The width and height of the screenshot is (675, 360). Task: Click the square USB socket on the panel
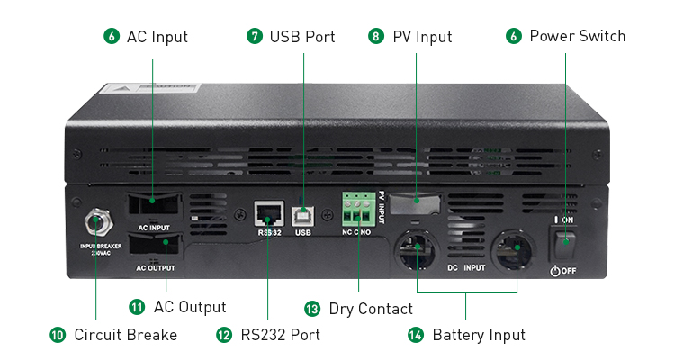pos(303,213)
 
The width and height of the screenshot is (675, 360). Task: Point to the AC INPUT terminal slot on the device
pos(153,206)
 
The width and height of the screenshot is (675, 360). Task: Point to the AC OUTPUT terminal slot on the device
pos(155,247)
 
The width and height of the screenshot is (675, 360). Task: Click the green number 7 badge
pos(255,37)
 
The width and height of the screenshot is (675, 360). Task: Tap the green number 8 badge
pos(376,37)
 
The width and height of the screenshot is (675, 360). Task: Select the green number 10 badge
pos(58,335)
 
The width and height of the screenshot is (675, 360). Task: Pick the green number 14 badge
pos(416,335)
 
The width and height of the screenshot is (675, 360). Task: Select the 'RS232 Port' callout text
pos(280,335)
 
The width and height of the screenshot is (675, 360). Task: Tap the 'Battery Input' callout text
pos(479,335)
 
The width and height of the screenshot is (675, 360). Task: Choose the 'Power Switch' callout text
pos(577,37)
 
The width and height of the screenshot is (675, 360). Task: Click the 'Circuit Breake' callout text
pos(126,335)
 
